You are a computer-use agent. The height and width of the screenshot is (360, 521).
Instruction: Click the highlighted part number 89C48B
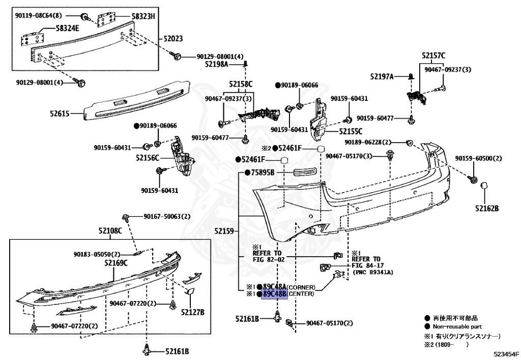274,294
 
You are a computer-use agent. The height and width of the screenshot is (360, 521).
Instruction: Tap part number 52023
173,38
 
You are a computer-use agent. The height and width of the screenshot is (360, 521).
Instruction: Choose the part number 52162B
487,208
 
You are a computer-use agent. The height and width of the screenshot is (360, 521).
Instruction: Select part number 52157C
433,55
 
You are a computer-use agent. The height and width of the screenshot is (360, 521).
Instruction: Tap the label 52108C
110,231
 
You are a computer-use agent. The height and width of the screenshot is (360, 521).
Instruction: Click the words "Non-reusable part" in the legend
457,326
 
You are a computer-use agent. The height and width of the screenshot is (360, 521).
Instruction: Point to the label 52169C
116,263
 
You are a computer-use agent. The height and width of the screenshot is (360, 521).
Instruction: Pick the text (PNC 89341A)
372,273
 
